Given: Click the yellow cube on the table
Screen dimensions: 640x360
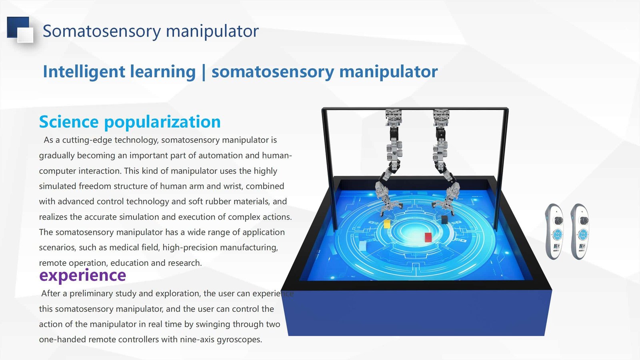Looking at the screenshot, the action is click(x=387, y=224).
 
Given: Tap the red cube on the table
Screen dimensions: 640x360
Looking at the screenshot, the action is click(x=428, y=237).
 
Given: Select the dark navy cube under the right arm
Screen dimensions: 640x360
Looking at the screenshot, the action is click(x=444, y=220).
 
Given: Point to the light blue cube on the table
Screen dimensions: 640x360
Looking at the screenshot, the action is click(x=362, y=246).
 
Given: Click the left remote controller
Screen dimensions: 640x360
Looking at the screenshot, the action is click(x=554, y=232).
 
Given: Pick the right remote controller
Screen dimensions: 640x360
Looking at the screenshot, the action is click(x=580, y=232).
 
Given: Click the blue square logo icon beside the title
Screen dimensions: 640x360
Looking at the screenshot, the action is click(x=20, y=30).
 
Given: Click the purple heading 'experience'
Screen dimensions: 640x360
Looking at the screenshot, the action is click(x=82, y=275).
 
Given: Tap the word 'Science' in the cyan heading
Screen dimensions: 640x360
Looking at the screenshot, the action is click(x=69, y=122).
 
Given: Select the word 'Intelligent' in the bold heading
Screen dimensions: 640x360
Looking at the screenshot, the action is click(x=84, y=72).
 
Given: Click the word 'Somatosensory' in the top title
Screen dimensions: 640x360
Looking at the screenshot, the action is click(x=102, y=31).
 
